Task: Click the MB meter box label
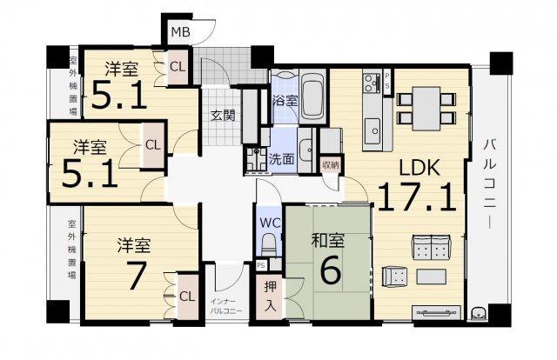click(x=181, y=32)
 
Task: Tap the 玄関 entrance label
click(x=223, y=116)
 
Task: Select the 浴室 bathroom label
click(x=285, y=101)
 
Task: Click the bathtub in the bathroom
click(x=312, y=97)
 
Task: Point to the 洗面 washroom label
click(x=282, y=159)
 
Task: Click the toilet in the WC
click(x=269, y=244)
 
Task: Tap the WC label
click(x=270, y=223)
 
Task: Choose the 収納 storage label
click(x=331, y=164)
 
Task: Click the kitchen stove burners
click(x=372, y=82)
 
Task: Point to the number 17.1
click(x=416, y=197)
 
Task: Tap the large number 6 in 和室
click(x=331, y=270)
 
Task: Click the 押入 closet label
click(x=271, y=297)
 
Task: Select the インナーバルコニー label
click(x=226, y=306)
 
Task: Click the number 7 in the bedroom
click(x=137, y=276)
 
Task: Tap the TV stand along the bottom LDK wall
click(x=437, y=313)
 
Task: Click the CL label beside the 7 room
click(x=187, y=297)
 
